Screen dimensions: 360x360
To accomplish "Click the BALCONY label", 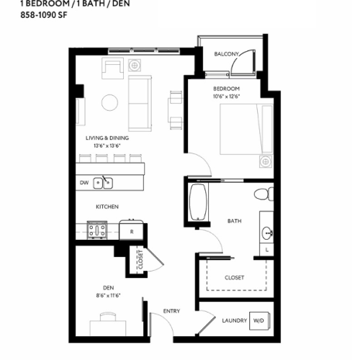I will [x=227, y=53].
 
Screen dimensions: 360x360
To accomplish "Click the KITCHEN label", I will [x=107, y=207].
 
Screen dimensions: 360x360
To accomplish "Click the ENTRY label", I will [x=171, y=311].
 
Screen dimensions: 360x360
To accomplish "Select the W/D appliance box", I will [x=257, y=320].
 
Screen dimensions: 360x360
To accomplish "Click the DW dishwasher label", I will [x=84, y=183].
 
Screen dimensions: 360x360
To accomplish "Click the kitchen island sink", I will [x=106, y=182].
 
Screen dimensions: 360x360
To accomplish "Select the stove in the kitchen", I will [x=97, y=232].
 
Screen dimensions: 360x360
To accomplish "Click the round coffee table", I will [x=109, y=103].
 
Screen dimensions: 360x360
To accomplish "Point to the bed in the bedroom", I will [x=246, y=130].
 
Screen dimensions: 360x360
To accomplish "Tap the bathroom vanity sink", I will [x=267, y=233].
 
